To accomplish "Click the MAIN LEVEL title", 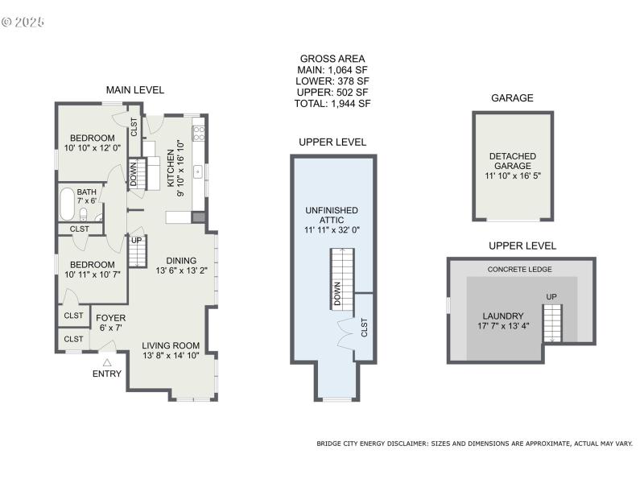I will pyautogui.click(x=135, y=89).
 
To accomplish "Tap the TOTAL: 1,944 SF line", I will pyautogui.click(x=332, y=104).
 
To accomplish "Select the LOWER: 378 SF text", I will pyautogui.click(x=332, y=81).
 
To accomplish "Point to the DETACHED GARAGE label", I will pyautogui.click(x=512, y=161).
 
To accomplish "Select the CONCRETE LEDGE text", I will pyautogui.click(x=520, y=269).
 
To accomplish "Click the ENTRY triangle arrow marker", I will pyautogui.click(x=107, y=361).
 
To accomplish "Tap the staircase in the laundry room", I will pyautogui.click(x=551, y=322).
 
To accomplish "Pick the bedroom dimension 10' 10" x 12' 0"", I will pyautogui.click(x=93, y=148).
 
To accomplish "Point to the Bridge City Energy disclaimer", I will pyautogui.click(x=475, y=444).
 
